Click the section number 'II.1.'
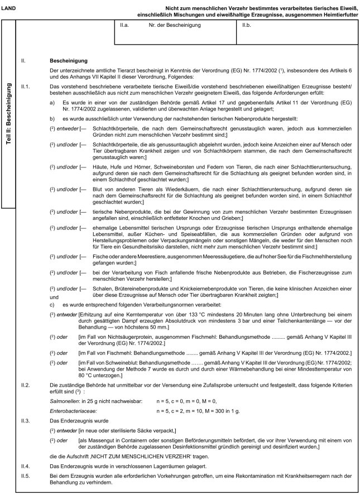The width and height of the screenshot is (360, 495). pyautogui.click(x=25, y=86)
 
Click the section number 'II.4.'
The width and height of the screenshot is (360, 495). pyautogui.click(x=25, y=466)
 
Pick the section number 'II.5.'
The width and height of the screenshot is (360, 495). pyautogui.click(x=25, y=475)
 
